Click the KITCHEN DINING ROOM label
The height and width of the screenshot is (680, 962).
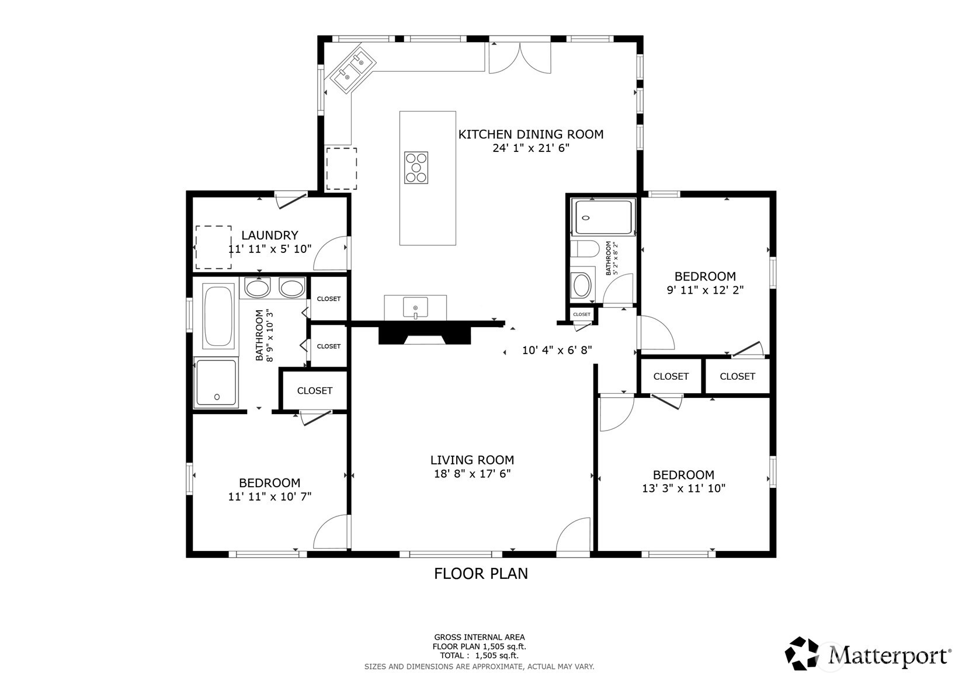[531, 134]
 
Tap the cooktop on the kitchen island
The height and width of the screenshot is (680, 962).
[416, 168]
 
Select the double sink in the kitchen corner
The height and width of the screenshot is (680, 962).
[350, 70]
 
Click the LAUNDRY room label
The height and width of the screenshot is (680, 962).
[270, 235]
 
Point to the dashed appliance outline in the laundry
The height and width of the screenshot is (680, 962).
[213, 247]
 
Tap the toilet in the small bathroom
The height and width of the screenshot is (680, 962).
[585, 249]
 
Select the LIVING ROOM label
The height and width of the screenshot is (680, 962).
[472, 460]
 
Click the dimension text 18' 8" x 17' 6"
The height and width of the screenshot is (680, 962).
[472, 474]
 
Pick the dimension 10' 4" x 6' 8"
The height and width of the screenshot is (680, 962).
[557, 350]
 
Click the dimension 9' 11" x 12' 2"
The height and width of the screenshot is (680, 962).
[705, 290]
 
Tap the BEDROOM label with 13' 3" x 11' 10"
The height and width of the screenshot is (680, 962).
[684, 475]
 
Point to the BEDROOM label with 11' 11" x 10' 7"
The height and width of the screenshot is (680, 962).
[270, 483]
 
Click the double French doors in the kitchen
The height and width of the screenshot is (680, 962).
[520, 58]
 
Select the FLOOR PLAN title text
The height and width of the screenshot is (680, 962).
[481, 574]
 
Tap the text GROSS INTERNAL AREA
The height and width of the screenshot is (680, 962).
[480, 637]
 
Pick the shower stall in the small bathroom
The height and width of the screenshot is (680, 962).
[603, 217]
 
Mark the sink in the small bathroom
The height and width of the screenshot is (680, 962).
[582, 285]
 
